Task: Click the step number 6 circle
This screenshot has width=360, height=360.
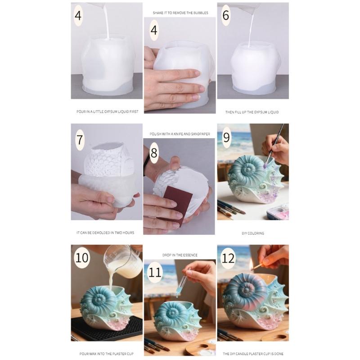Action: [x=225, y=15]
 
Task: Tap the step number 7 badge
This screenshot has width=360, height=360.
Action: [x=80, y=139]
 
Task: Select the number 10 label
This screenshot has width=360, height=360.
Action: [x=82, y=258]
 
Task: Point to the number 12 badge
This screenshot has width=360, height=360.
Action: [x=229, y=258]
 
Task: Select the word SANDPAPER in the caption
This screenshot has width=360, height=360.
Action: [x=200, y=134]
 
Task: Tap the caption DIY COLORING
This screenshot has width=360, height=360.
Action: [x=252, y=233]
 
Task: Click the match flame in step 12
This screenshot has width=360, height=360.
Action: [x=252, y=265]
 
